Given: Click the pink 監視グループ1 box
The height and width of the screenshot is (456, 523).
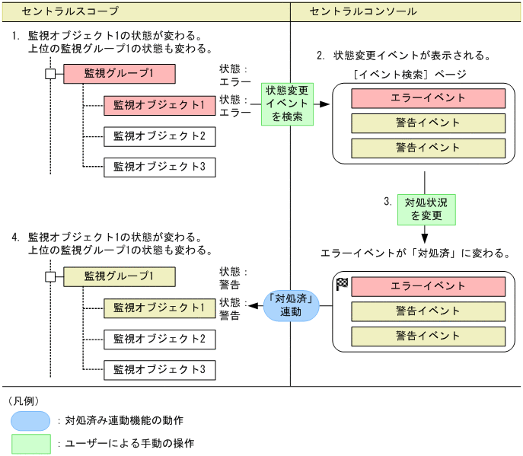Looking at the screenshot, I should (120, 74).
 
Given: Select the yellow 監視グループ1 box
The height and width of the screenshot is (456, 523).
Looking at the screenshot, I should (120, 276).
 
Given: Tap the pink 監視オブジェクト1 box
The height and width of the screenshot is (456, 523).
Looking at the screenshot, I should (159, 105).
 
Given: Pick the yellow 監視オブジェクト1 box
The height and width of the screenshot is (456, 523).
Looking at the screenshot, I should (159, 308).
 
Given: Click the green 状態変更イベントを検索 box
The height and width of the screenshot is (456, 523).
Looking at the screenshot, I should (287, 104).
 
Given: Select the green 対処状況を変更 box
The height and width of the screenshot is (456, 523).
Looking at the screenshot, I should (426, 209).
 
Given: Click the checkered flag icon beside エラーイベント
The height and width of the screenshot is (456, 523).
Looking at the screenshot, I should (342, 285).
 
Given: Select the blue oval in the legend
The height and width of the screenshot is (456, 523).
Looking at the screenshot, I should (30, 420).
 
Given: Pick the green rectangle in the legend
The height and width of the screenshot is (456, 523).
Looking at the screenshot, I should (30, 443).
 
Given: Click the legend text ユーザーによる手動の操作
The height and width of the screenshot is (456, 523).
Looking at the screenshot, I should (129, 443).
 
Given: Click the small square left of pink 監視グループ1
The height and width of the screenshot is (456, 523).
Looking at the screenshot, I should (50, 74).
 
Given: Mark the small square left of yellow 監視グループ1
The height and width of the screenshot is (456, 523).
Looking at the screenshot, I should (50, 276).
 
